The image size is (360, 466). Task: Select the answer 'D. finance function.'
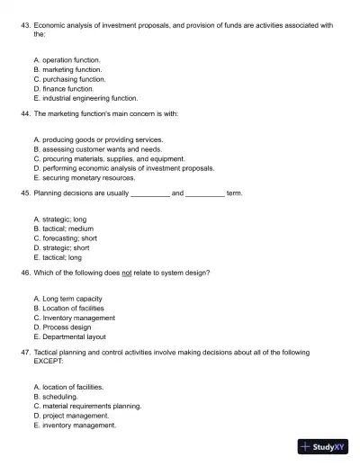(63, 88)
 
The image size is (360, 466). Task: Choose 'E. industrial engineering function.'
(85, 98)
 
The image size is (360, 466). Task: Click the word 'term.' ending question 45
(234, 193)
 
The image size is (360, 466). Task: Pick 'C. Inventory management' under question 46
(73, 318)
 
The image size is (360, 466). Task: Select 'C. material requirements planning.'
(87, 406)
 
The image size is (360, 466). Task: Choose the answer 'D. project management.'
(70, 416)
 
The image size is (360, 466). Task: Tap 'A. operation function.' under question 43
(66, 59)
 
